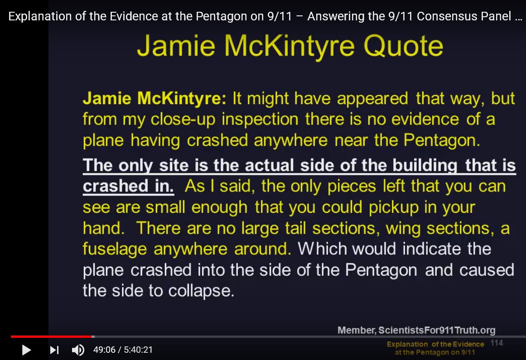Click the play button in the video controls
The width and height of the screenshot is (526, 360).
tap(26, 350)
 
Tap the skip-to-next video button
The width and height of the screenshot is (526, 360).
tap(54, 350)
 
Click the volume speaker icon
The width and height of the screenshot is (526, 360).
tap(78, 350)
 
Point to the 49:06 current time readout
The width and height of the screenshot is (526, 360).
tap(104, 350)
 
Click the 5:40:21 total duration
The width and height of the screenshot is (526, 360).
tap(138, 350)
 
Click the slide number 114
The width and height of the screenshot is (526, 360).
tap(497, 343)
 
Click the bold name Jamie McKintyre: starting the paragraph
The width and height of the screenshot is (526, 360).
tap(154, 99)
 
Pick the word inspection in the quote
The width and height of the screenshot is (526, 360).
tap(260, 120)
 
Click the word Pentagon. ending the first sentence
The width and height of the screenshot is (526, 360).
tap(442, 140)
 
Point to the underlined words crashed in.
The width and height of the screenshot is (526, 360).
tap(128, 186)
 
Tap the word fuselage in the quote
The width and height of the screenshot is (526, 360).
tap(115, 250)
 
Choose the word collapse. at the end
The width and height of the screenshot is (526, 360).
tap(201, 291)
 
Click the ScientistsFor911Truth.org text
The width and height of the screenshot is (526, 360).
tap(437, 331)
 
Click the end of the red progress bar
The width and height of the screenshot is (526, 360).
tap(92, 336)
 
